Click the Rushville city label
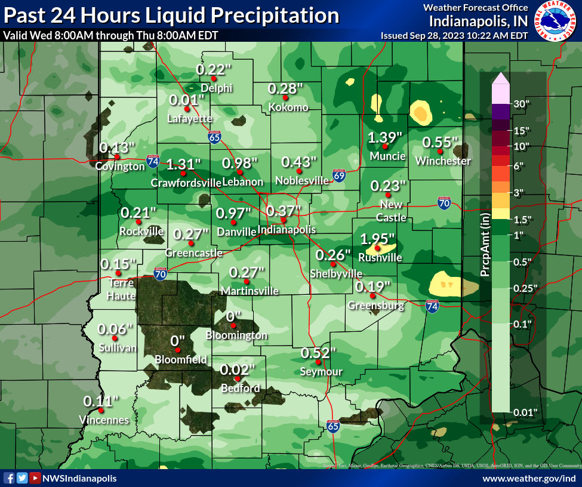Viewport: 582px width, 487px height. pyautogui.click(x=380, y=258)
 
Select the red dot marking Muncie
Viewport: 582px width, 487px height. pyautogui.click(x=386, y=146)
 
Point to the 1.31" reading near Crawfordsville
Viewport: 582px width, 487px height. pyautogui.click(x=183, y=164)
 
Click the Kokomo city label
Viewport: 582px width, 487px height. pyautogui.click(x=288, y=107)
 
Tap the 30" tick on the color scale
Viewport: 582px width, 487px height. pyautogui.click(x=522, y=104)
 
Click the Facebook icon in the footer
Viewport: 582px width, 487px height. pyautogui.click(x=9, y=478)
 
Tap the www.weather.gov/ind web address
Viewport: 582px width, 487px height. pyautogui.click(x=529, y=479)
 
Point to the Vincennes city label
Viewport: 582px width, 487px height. pyautogui.click(x=104, y=420)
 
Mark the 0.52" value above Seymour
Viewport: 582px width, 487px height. pyautogui.click(x=319, y=353)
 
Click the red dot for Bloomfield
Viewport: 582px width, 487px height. pyautogui.click(x=177, y=350)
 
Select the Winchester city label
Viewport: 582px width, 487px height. pyautogui.click(x=443, y=161)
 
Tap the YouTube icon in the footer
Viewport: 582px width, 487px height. pyautogui.click(x=35, y=478)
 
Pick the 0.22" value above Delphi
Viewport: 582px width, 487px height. pyautogui.click(x=214, y=69)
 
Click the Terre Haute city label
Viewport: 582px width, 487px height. pyautogui.click(x=122, y=289)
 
